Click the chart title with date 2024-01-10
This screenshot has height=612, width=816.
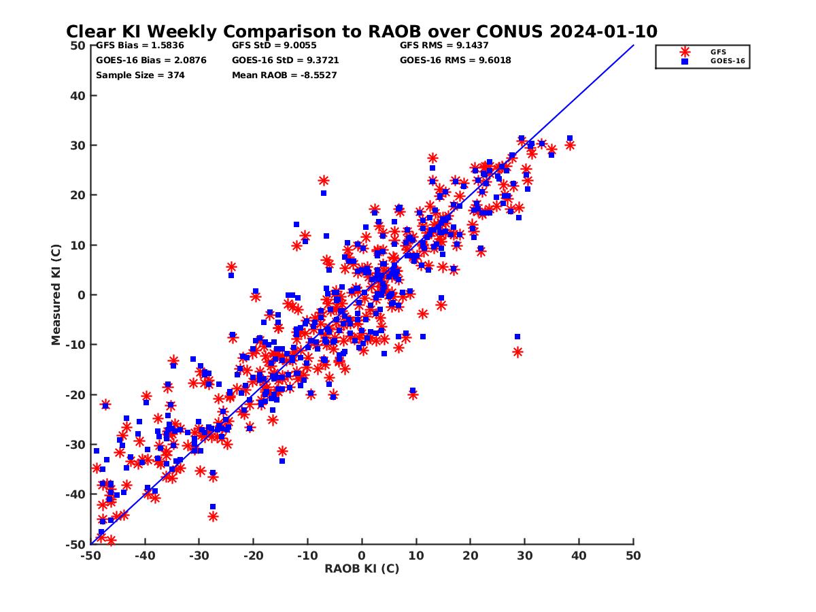(x=361, y=32)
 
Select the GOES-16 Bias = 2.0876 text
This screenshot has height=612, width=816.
(x=151, y=60)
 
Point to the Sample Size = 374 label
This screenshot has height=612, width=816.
(x=140, y=75)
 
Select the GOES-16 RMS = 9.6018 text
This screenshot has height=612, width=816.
(x=456, y=60)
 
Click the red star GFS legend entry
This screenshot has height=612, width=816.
(x=685, y=52)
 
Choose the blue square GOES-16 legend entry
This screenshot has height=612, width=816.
(x=685, y=61)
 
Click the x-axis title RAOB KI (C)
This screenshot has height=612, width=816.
(x=362, y=568)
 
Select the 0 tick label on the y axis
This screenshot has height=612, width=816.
(x=82, y=295)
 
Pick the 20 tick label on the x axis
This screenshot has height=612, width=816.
(x=471, y=556)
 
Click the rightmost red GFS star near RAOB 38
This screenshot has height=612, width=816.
(x=570, y=145)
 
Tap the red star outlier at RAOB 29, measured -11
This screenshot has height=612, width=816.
(x=517, y=352)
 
